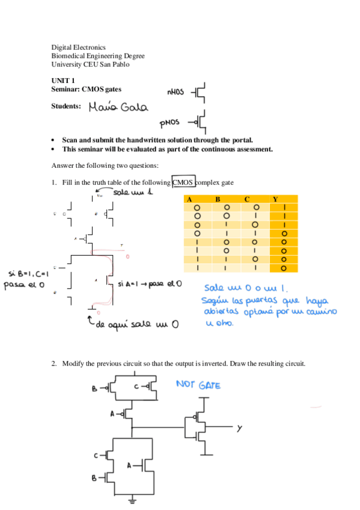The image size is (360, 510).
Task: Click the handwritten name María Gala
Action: pos(117,108)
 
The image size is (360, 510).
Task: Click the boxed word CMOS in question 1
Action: pos(184,182)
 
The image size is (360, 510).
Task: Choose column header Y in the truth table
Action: pos(275,199)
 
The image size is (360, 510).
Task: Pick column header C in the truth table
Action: pos(246,199)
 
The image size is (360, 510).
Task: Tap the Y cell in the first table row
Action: pos(284,208)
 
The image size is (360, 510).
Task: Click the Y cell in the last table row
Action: pos(284,268)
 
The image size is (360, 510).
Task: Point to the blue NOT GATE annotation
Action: pos(198,384)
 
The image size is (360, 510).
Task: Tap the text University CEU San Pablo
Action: pos(90,64)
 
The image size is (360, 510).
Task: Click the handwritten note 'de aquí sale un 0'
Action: pos(135,325)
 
